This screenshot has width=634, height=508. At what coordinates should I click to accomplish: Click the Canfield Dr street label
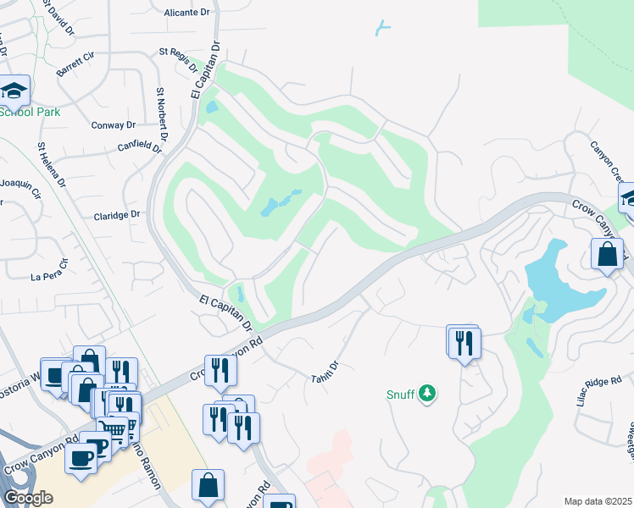[139, 146]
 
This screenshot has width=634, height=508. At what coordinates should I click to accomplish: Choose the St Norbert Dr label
[162, 113]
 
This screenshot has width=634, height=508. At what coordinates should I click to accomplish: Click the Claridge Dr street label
[116, 215]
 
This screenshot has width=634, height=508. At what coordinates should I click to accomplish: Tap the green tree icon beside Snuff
[429, 393]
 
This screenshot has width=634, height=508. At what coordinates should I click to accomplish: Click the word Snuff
[401, 394]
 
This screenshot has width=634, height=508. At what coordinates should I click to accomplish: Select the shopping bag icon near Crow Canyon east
[608, 255]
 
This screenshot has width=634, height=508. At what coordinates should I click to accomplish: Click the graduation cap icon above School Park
[14, 89]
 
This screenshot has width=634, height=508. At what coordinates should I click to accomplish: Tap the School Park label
[30, 112]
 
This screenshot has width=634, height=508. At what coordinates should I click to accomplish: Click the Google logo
[29, 497]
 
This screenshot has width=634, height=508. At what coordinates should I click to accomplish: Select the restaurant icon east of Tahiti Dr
[464, 342]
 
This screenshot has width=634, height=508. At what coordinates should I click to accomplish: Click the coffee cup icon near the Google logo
[81, 458]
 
